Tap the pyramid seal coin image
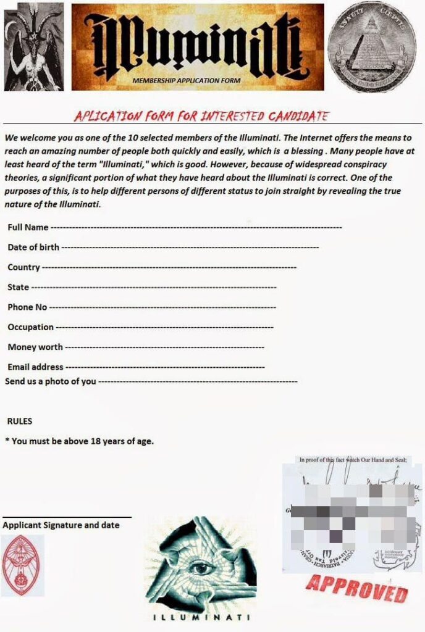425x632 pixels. pos(371,46)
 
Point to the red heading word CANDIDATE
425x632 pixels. pos(296,116)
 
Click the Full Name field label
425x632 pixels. pos(28,227)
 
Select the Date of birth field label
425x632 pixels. pos(33,247)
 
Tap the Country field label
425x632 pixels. pos(23,267)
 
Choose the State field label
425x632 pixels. pos(18,287)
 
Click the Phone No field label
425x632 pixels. pos(27,307)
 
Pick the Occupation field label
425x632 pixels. pos(30,327)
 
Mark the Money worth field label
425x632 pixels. pos(35,347)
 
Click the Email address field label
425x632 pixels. pos(35,367)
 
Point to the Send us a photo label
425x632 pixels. pos(50,381)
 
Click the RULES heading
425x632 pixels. pos(19,421)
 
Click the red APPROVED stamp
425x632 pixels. pos(357,587)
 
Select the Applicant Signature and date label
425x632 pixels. pos(61,525)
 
